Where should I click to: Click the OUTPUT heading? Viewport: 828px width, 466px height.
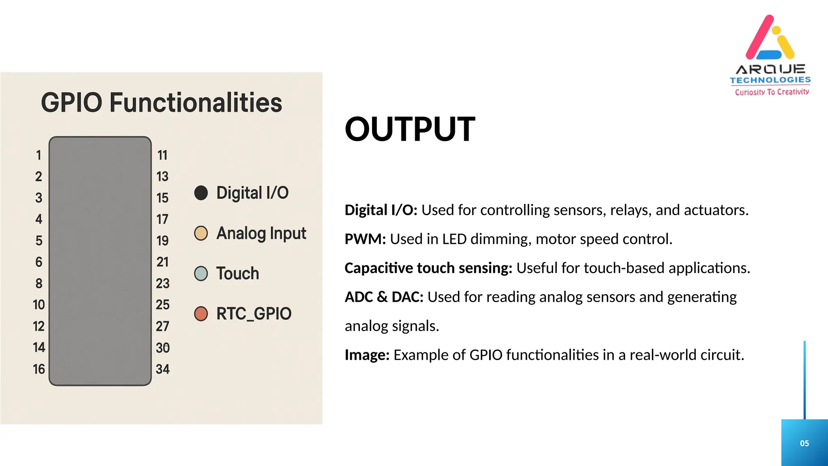point(410,129)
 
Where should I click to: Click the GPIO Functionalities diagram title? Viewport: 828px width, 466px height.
point(161,103)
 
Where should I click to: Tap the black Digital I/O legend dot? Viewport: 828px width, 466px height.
point(201,193)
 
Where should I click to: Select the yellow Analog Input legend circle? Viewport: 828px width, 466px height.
point(201,233)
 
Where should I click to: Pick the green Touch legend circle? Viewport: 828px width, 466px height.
point(201,273)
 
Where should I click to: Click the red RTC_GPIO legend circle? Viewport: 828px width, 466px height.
point(201,313)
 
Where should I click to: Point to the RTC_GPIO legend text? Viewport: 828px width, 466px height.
point(253,314)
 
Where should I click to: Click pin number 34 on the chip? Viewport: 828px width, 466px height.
point(163,369)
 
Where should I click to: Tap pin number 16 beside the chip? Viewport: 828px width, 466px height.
point(39,369)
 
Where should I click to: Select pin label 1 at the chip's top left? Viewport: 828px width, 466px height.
point(38,155)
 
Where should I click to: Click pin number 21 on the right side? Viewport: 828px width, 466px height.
point(163,262)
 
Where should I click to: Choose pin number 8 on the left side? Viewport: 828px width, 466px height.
point(39,284)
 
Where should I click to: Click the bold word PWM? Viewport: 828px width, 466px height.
point(365,239)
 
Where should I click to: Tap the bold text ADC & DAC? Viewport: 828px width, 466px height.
point(384,297)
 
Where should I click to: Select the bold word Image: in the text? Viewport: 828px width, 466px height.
point(367,355)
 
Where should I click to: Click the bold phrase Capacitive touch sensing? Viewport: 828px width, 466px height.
point(428,268)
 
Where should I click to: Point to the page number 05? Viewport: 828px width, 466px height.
point(804,443)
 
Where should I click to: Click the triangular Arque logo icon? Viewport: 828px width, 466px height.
point(770,38)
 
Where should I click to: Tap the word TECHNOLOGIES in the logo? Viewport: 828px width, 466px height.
point(770,80)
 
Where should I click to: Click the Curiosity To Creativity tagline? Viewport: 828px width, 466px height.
point(772,92)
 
